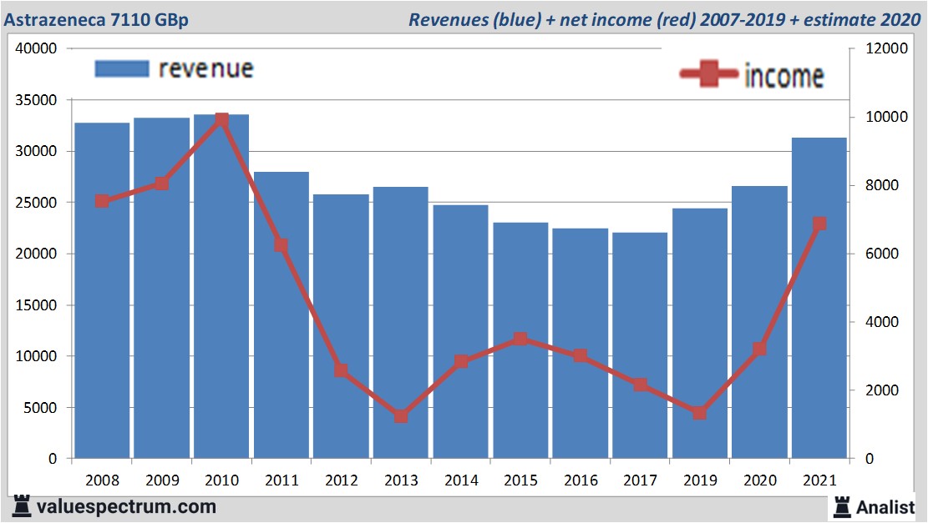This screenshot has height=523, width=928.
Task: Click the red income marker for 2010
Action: [221, 120]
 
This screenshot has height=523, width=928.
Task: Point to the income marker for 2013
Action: [401, 415]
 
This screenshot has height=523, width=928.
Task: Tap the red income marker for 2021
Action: [819, 224]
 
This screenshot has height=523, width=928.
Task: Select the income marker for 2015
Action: [520, 339]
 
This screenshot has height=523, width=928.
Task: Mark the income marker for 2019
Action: [700, 413]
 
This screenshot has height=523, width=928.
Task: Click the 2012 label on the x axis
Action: [341, 480]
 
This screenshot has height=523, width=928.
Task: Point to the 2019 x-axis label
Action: [700, 480]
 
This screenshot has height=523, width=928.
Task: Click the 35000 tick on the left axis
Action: [36, 100]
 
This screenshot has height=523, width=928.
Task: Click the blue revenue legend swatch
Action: [122, 68]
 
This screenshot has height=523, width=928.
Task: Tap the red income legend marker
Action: [708, 74]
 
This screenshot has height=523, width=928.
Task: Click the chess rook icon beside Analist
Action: [841, 505]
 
